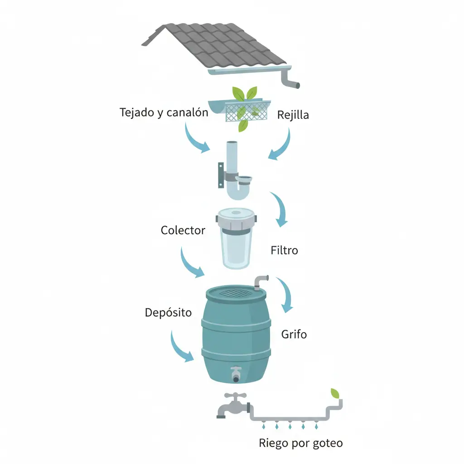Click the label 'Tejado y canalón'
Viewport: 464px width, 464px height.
click(x=164, y=112)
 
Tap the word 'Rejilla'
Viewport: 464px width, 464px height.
click(x=293, y=115)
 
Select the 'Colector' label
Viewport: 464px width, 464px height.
click(x=183, y=230)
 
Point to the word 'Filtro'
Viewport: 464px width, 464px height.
click(x=284, y=250)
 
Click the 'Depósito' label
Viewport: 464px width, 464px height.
click(x=168, y=313)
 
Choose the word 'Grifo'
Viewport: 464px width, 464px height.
click(x=294, y=334)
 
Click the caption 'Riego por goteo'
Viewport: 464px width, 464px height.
click(x=300, y=443)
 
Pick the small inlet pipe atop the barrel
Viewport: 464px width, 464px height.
click(x=261, y=282)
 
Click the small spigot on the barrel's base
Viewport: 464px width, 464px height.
click(x=236, y=374)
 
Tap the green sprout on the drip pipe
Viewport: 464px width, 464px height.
click(x=335, y=393)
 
